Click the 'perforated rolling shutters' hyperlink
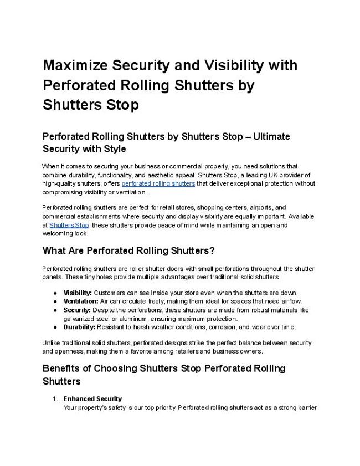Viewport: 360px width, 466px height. point(158,183)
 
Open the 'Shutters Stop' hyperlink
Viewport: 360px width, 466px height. point(69,225)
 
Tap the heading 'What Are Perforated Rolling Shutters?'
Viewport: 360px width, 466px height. point(128,250)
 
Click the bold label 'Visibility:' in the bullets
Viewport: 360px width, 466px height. point(78,293)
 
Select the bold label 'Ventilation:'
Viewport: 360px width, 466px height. point(81,301)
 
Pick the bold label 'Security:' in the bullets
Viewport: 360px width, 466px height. point(77,310)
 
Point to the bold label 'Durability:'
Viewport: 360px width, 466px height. point(80,327)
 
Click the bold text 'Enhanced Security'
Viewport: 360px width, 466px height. point(92,398)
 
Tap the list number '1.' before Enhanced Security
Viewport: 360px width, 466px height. point(55,398)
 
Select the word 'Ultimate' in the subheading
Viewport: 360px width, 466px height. point(271,136)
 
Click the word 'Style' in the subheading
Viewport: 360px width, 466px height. point(114,149)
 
